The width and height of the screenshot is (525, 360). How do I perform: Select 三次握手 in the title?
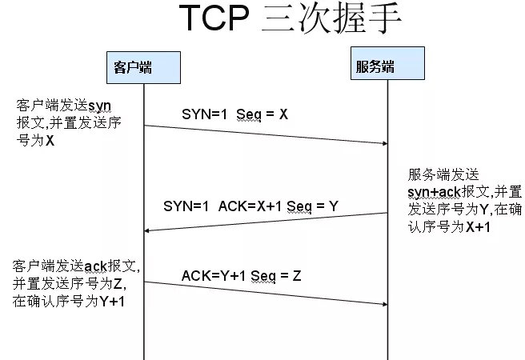tap(331, 22)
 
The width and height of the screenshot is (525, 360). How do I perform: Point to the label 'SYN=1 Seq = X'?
tap(234, 114)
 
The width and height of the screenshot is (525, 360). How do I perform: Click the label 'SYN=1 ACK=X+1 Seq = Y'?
tap(250, 206)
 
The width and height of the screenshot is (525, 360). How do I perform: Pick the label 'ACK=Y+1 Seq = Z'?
tap(241, 275)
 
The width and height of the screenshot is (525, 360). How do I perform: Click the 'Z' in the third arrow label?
tap(296, 275)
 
